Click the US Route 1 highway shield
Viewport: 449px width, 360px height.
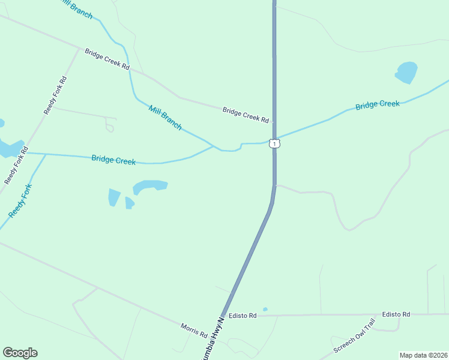[x=274, y=143]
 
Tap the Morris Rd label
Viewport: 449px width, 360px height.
[x=194, y=330]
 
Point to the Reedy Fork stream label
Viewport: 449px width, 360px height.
[x=20, y=202]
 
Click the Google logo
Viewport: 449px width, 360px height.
[x=20, y=353]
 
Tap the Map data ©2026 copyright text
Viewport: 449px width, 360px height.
[x=423, y=355]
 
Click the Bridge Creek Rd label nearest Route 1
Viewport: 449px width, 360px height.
[x=246, y=115]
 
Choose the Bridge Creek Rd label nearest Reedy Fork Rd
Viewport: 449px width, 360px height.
[x=107, y=59]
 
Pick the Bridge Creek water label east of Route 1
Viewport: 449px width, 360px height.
[x=377, y=105]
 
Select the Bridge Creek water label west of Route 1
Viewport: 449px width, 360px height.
[x=113, y=160]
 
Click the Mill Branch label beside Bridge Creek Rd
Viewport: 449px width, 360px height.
[x=165, y=117]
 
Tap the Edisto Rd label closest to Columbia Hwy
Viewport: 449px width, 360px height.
[x=243, y=316]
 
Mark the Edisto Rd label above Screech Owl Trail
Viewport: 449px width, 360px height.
[x=396, y=314]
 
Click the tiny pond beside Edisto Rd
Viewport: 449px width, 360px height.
[x=265, y=310]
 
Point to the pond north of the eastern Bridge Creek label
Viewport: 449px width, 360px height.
[x=406, y=73]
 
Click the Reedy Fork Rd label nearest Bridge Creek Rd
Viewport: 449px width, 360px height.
[x=55, y=95]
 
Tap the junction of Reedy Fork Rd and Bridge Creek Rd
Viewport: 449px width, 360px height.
[x=79, y=48]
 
